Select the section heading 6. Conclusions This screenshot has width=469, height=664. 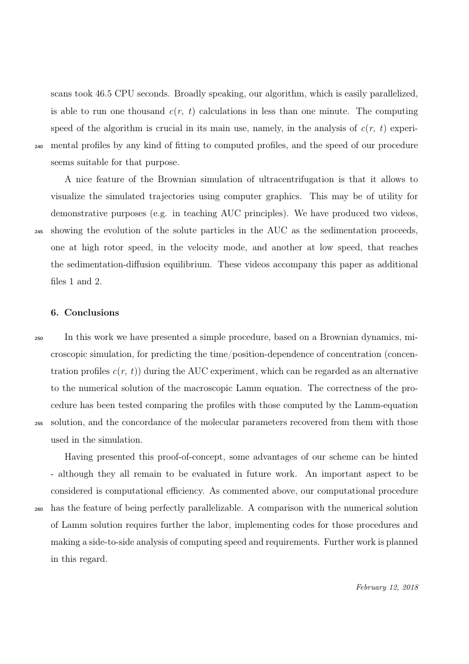point(84,313)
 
